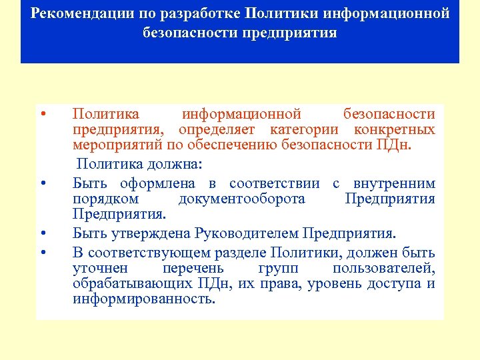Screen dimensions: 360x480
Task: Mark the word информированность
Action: [144, 299]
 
